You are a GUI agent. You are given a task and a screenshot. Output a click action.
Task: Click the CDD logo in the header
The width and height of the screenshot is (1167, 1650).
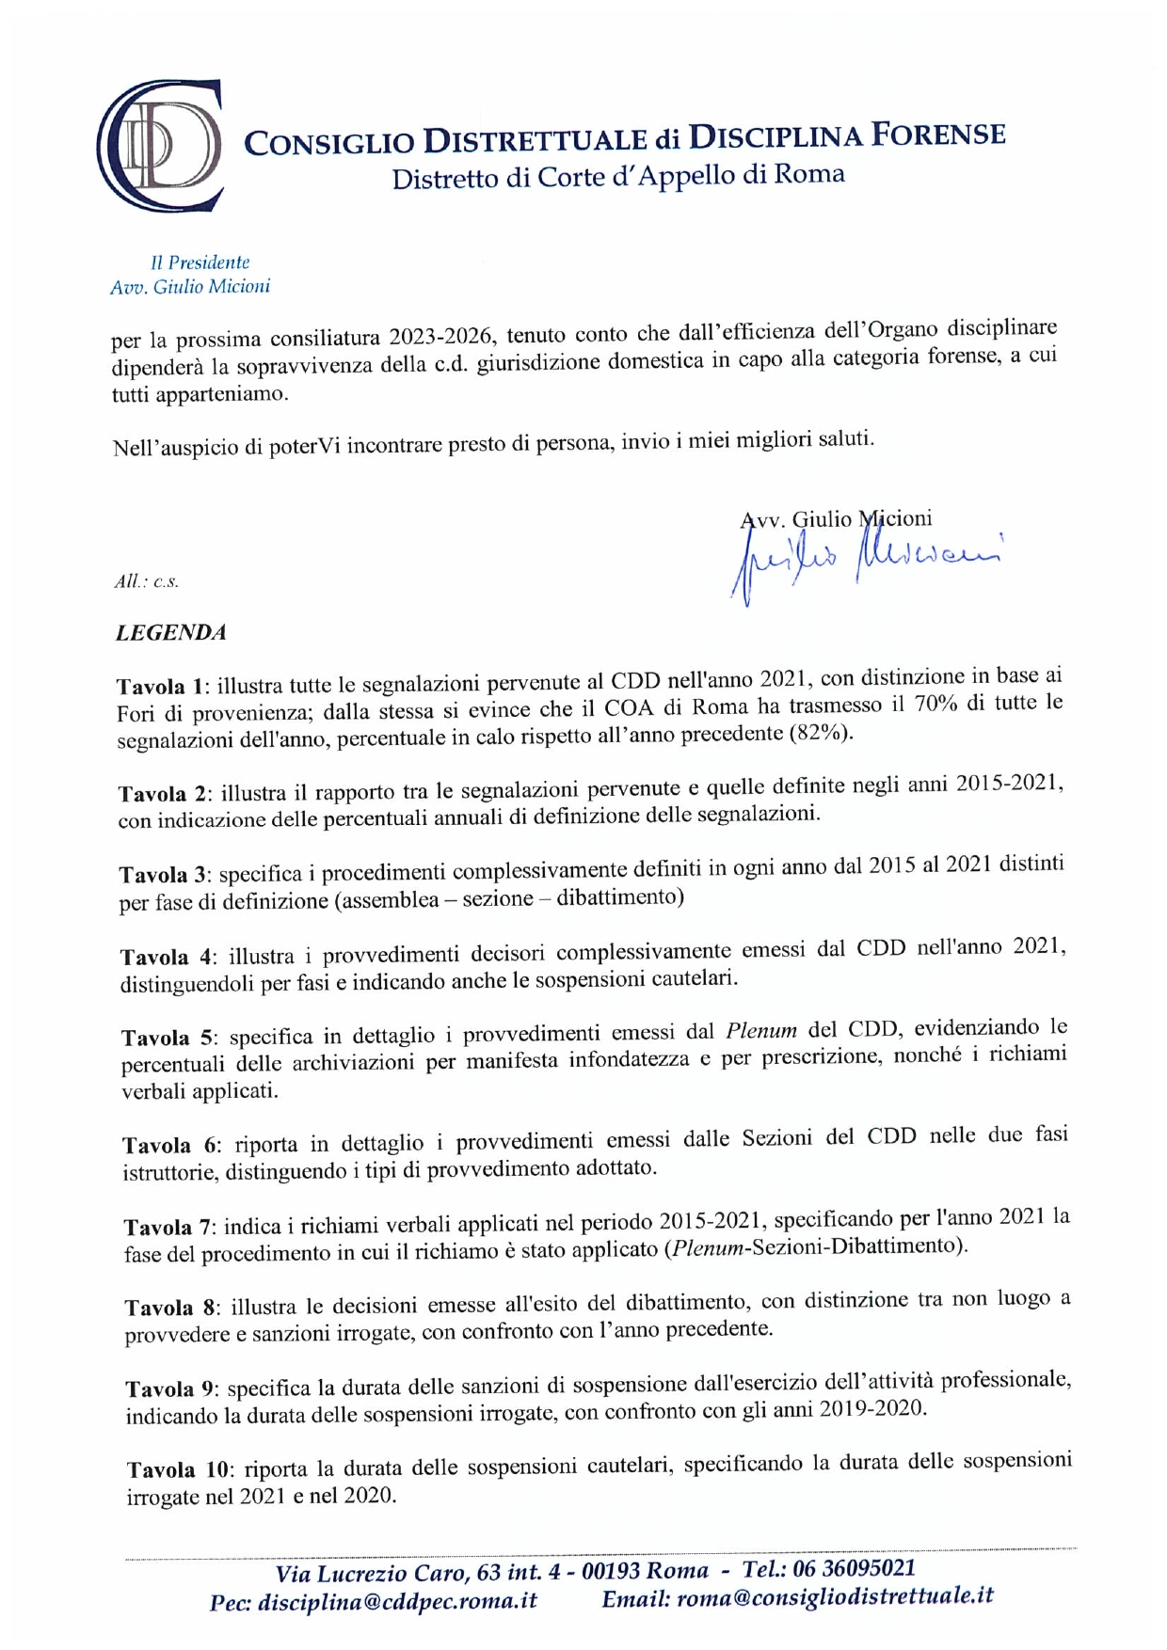[159, 146]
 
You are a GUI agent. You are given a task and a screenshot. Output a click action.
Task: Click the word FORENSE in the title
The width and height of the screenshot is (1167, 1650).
[937, 135]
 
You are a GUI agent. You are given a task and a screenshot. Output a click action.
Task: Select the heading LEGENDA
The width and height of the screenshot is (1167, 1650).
[171, 633]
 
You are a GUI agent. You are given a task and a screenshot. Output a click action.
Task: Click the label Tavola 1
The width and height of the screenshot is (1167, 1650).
[164, 686]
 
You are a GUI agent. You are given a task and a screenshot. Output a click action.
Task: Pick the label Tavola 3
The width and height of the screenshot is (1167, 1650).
[166, 875]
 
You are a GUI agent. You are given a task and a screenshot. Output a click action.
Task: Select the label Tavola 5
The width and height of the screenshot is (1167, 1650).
[168, 1038]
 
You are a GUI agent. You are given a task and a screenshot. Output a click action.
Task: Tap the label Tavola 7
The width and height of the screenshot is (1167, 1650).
[170, 1228]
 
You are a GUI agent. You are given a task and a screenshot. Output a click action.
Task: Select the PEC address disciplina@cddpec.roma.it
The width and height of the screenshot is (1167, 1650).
[398, 1601]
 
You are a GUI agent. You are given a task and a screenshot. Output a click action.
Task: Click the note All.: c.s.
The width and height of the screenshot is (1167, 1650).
[146, 581]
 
